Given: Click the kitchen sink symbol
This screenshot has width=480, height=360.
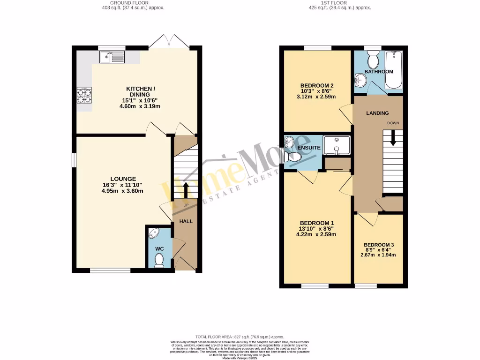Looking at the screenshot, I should [x=112, y=57].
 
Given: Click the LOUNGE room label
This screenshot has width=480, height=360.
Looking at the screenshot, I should [x=123, y=179].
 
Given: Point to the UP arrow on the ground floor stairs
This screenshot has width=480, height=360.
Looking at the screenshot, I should [x=186, y=190].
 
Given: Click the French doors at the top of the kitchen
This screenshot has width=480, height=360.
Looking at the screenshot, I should [x=169, y=42].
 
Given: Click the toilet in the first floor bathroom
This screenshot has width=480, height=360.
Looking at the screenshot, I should [x=374, y=60].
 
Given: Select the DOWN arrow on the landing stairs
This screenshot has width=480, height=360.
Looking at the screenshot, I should [x=393, y=136].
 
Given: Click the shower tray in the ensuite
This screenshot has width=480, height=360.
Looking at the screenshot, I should [x=337, y=145].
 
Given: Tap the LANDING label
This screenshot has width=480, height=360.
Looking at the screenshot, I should [x=377, y=113].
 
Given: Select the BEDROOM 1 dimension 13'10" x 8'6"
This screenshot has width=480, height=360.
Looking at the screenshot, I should [x=317, y=228].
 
